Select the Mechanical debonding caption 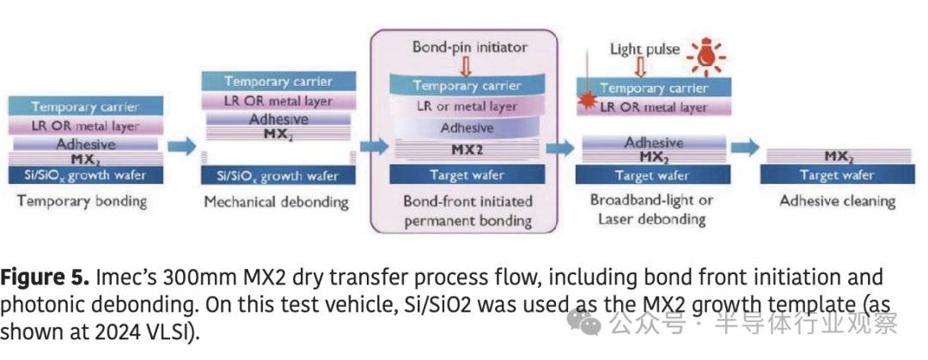[276, 203]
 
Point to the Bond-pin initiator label [469, 46]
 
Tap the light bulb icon [706, 54]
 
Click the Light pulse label [644, 49]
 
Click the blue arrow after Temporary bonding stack [181, 147]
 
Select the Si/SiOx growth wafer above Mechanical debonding [278, 176]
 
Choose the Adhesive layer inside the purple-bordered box [467, 128]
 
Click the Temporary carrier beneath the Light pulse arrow [653, 88]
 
